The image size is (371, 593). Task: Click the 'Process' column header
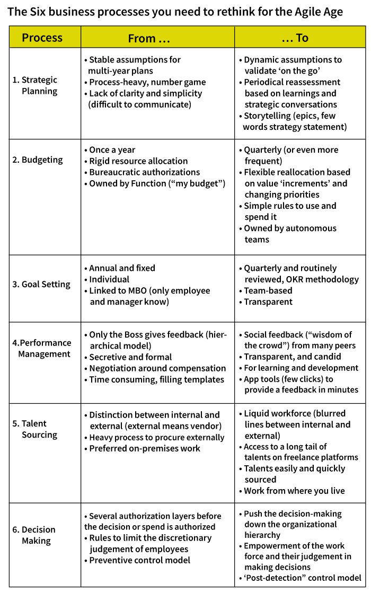(42, 38)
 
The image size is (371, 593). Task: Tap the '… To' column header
(295, 38)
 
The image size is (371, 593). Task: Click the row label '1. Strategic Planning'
(35, 85)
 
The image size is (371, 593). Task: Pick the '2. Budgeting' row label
(38, 160)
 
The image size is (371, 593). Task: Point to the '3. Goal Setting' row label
(41, 284)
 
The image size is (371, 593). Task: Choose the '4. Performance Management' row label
(42, 348)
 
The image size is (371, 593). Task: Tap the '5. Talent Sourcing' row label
(34, 429)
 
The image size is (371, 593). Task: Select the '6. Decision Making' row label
(34, 535)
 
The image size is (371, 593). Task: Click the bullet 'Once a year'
(112, 150)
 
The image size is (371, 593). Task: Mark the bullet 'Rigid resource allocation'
(138, 161)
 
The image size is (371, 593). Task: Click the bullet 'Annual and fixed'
(122, 268)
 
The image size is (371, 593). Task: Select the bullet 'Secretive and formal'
(130, 357)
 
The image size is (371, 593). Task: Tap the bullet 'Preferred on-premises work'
(144, 448)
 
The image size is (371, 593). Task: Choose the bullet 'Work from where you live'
(294, 491)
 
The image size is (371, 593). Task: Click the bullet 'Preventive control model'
(139, 560)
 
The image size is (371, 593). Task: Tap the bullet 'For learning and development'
(301, 368)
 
